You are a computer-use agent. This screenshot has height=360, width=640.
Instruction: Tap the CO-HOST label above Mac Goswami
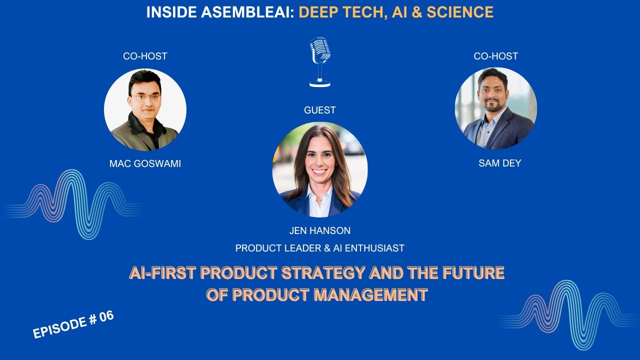click(145, 56)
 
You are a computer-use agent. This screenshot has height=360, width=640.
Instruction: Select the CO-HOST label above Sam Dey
click(495, 56)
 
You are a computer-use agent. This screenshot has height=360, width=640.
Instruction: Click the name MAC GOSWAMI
click(145, 163)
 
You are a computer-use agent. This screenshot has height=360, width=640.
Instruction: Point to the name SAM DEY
click(499, 163)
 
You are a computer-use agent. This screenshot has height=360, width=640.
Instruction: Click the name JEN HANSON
click(320, 230)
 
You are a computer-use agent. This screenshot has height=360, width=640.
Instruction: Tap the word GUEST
click(320, 110)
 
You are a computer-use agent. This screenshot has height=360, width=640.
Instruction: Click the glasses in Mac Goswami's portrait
click(145, 97)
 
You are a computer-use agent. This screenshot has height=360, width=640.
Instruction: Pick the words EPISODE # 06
click(73, 324)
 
